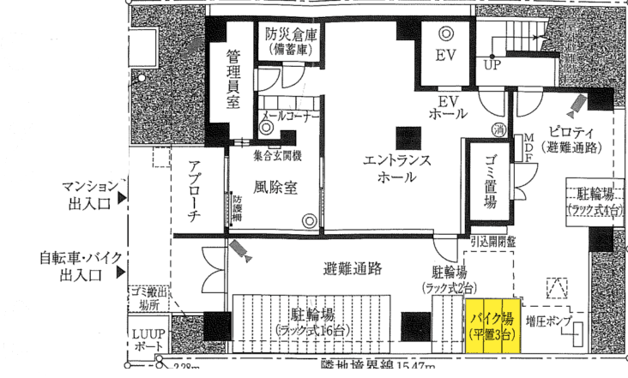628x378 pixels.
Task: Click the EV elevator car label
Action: point(444,57)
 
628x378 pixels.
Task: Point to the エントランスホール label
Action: point(396,169)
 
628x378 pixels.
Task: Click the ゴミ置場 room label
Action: point(489,183)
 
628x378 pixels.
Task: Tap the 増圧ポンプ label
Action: point(549,318)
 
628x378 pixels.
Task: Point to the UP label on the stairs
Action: point(492,63)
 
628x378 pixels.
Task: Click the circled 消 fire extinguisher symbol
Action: point(498,130)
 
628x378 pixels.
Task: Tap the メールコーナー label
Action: point(291,115)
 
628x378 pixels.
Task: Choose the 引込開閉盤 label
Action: point(489,243)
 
